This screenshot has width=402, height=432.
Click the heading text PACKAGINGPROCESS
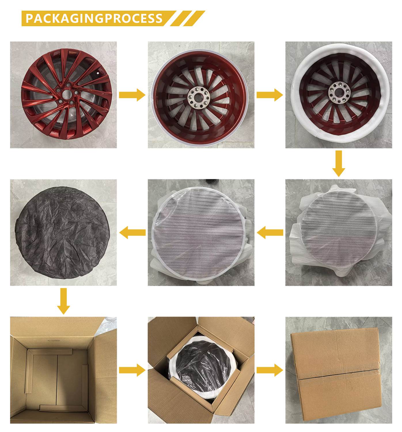pyautogui.click(x=94, y=18)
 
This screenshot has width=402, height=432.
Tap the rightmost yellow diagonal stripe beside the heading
pyautogui.click(x=194, y=18)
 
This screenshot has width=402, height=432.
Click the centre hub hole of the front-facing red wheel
pyautogui.click(x=67, y=94)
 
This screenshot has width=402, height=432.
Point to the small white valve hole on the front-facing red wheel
pyautogui.click(x=98, y=73)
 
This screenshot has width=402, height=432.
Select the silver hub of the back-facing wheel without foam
pyautogui.click(x=199, y=97)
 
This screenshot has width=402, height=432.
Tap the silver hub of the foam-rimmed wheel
pyautogui.click(x=339, y=92)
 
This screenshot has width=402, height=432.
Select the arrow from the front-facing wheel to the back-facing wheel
pyautogui.click(x=132, y=95)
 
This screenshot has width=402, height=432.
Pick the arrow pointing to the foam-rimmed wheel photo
pyautogui.click(x=270, y=95)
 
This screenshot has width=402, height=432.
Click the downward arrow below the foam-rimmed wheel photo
pyautogui.click(x=338, y=164)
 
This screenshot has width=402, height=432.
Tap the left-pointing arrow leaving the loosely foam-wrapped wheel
pyautogui.click(x=270, y=232)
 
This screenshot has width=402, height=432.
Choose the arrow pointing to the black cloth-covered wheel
pyautogui.click(x=132, y=232)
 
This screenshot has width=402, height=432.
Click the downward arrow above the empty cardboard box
pyautogui.click(x=64, y=301)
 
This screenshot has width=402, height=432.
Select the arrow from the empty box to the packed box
pyautogui.click(x=132, y=370)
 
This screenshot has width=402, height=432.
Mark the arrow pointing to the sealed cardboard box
pyautogui.click(x=270, y=370)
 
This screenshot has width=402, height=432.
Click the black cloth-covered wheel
pyautogui.click(x=62, y=233)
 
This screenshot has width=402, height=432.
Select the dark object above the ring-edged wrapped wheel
pyautogui.click(x=210, y=182)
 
